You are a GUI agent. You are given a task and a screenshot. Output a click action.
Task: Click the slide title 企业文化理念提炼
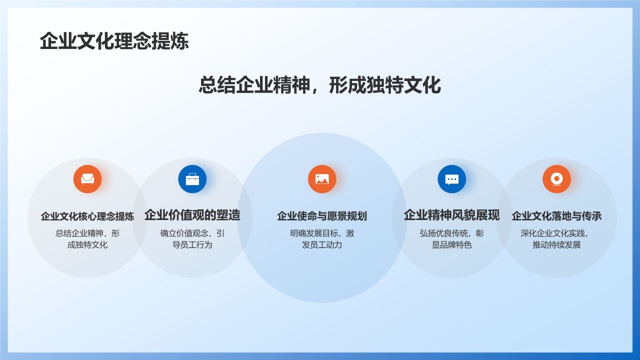coord(114,41)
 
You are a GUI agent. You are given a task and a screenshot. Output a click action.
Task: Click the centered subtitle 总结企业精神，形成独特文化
coord(320,85)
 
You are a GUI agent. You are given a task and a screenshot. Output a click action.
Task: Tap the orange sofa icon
coord(87,179)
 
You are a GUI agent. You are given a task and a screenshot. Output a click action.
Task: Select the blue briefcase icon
coord(192,179)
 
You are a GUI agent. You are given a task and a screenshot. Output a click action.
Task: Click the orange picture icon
coord(322,179)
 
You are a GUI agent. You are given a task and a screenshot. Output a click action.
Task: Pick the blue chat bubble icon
coord(452,179)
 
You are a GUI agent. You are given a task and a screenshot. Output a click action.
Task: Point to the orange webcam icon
coord(556,179)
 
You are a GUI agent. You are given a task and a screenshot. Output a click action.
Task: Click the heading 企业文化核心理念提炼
coord(87,216)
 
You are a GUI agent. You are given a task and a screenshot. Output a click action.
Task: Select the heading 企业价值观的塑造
coord(192,215)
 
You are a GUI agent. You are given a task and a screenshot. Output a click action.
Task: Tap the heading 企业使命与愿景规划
coord(322,216)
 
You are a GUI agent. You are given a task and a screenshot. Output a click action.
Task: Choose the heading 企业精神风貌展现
coord(452,215)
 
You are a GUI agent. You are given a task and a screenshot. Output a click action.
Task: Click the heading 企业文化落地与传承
coord(556,216)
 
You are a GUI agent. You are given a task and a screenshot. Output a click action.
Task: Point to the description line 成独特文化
coord(87,245)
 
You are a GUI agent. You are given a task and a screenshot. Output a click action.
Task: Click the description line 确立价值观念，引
coord(192,233)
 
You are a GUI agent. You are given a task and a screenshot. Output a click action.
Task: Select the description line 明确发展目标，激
coord(322,233)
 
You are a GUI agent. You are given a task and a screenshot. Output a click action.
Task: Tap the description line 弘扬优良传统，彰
coord(452,233)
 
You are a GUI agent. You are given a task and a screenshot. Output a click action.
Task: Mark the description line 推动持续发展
coord(556,245)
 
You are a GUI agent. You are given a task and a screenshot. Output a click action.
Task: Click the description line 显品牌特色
coord(452,245)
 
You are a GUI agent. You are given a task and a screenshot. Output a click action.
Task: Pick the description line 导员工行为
coord(192,245)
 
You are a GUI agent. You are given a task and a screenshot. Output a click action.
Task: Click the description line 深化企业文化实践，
coord(555,233)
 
